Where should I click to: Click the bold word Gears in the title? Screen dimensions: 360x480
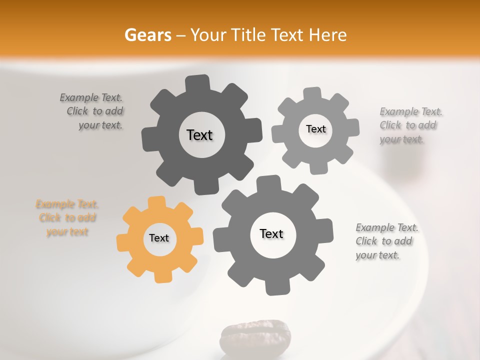[x=147, y=35]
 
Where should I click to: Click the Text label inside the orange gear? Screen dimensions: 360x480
[x=159, y=238]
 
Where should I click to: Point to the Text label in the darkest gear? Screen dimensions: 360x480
[x=199, y=135]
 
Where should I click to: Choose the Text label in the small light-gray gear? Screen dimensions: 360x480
[x=315, y=129]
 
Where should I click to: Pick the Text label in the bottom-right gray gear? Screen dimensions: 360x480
[x=271, y=233]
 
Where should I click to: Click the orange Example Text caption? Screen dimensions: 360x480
[x=66, y=218]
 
